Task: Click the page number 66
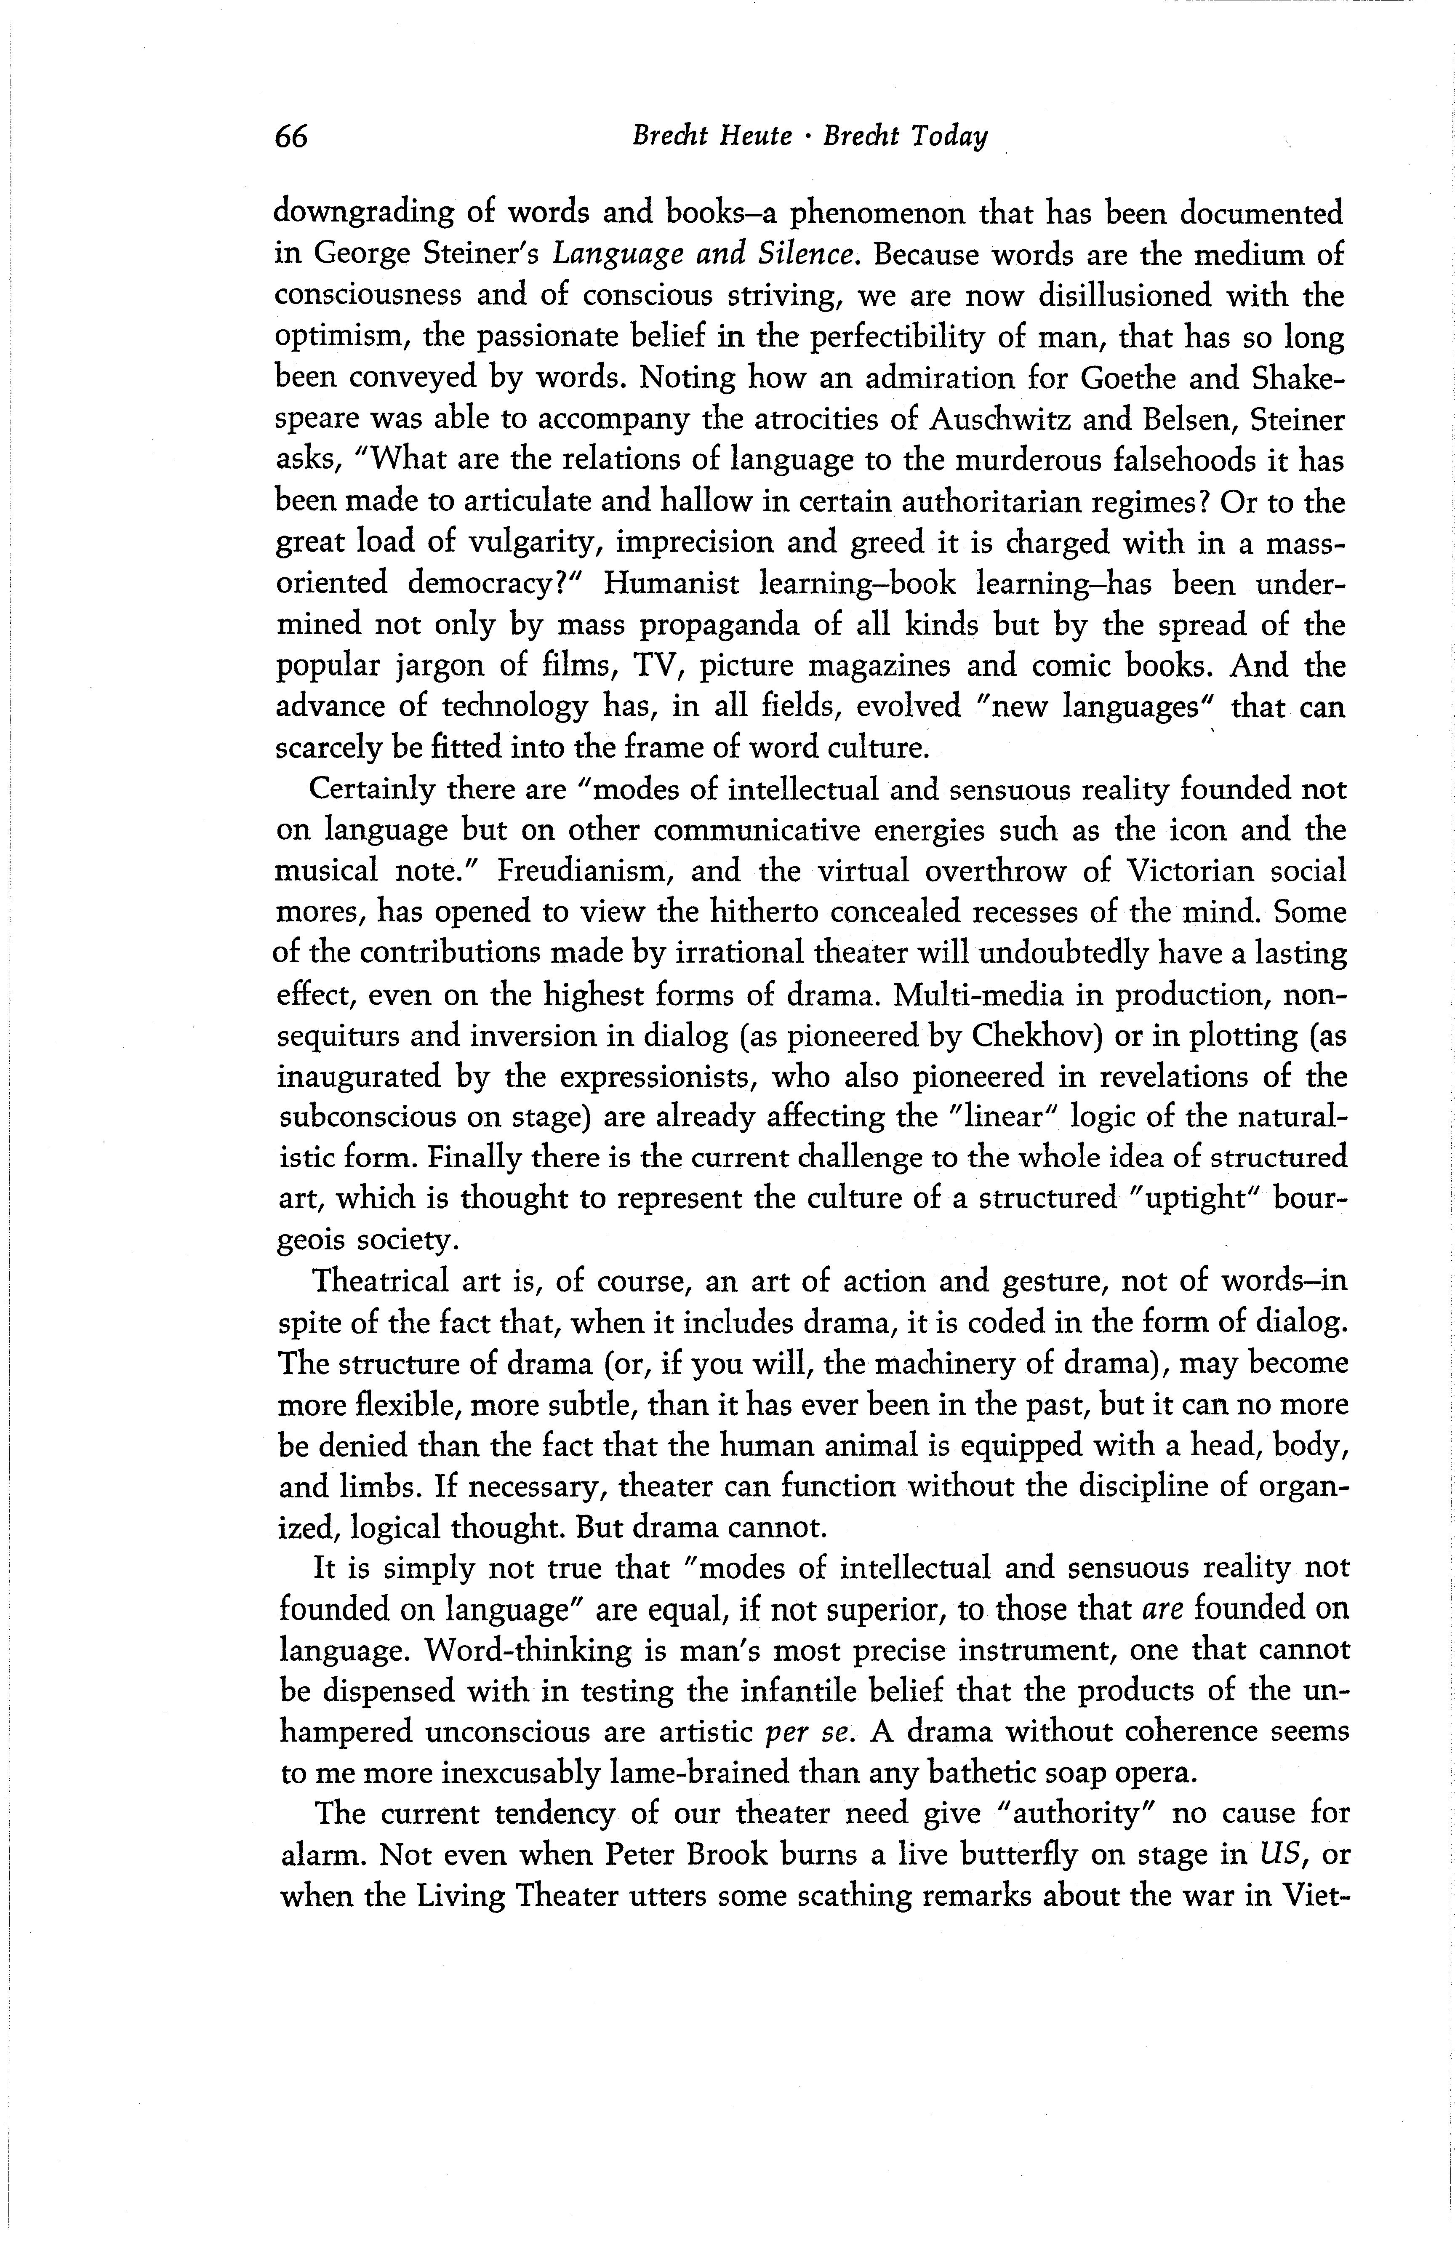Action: [x=291, y=137]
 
